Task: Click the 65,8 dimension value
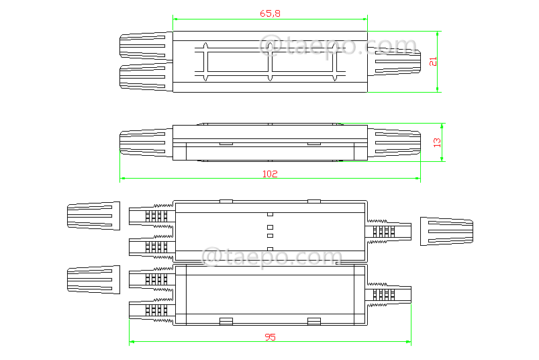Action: click(269, 13)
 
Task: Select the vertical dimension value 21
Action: click(433, 60)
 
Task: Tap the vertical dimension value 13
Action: click(437, 142)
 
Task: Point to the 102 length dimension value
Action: click(269, 173)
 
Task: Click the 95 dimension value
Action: click(270, 337)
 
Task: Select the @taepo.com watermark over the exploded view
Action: click(272, 257)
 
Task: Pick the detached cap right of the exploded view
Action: click(446, 231)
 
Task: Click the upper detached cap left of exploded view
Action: click(93, 216)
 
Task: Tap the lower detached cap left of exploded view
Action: click(93, 279)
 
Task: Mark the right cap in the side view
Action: click(396, 142)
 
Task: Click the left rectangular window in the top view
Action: click(237, 62)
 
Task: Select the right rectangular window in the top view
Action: click(303, 62)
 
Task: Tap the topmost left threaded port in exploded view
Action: click(152, 216)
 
